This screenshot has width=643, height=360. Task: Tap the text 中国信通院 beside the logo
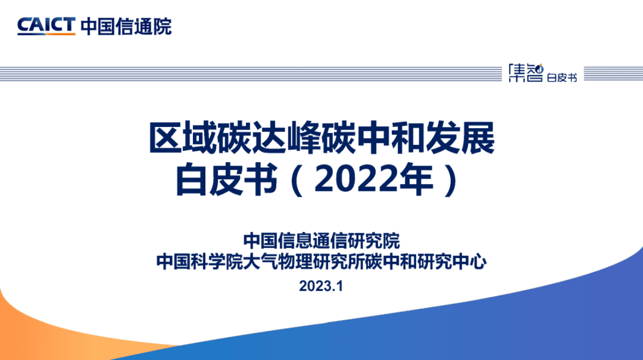click(126, 26)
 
